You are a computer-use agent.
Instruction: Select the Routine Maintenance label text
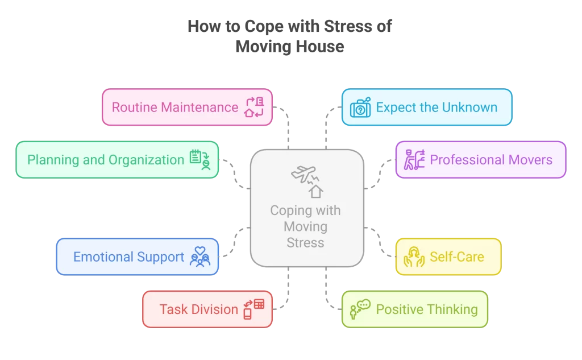pos(175,107)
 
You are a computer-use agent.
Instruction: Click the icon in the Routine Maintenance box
pos(253,107)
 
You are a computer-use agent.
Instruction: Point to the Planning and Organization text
pos(106,160)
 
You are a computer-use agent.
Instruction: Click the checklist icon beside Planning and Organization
pos(199,160)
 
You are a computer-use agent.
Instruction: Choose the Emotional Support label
pos(128,257)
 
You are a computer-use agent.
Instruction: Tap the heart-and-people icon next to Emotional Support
pos(199,257)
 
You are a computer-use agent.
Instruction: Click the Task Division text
pos(198,309)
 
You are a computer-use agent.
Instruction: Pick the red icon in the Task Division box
pos(253,309)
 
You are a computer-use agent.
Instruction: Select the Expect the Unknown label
pos(436,107)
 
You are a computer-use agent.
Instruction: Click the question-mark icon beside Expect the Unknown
pos(360,107)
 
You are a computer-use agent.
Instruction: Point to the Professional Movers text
pos(491,160)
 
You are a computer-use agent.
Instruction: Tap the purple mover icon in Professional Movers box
pos(414,160)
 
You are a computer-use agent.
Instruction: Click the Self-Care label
pos(457,257)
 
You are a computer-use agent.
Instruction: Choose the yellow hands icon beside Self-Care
pos(414,257)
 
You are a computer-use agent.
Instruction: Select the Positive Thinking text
pos(427,309)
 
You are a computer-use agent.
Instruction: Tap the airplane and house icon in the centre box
pos(307,181)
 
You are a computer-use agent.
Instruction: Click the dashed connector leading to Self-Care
pos(380,238)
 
